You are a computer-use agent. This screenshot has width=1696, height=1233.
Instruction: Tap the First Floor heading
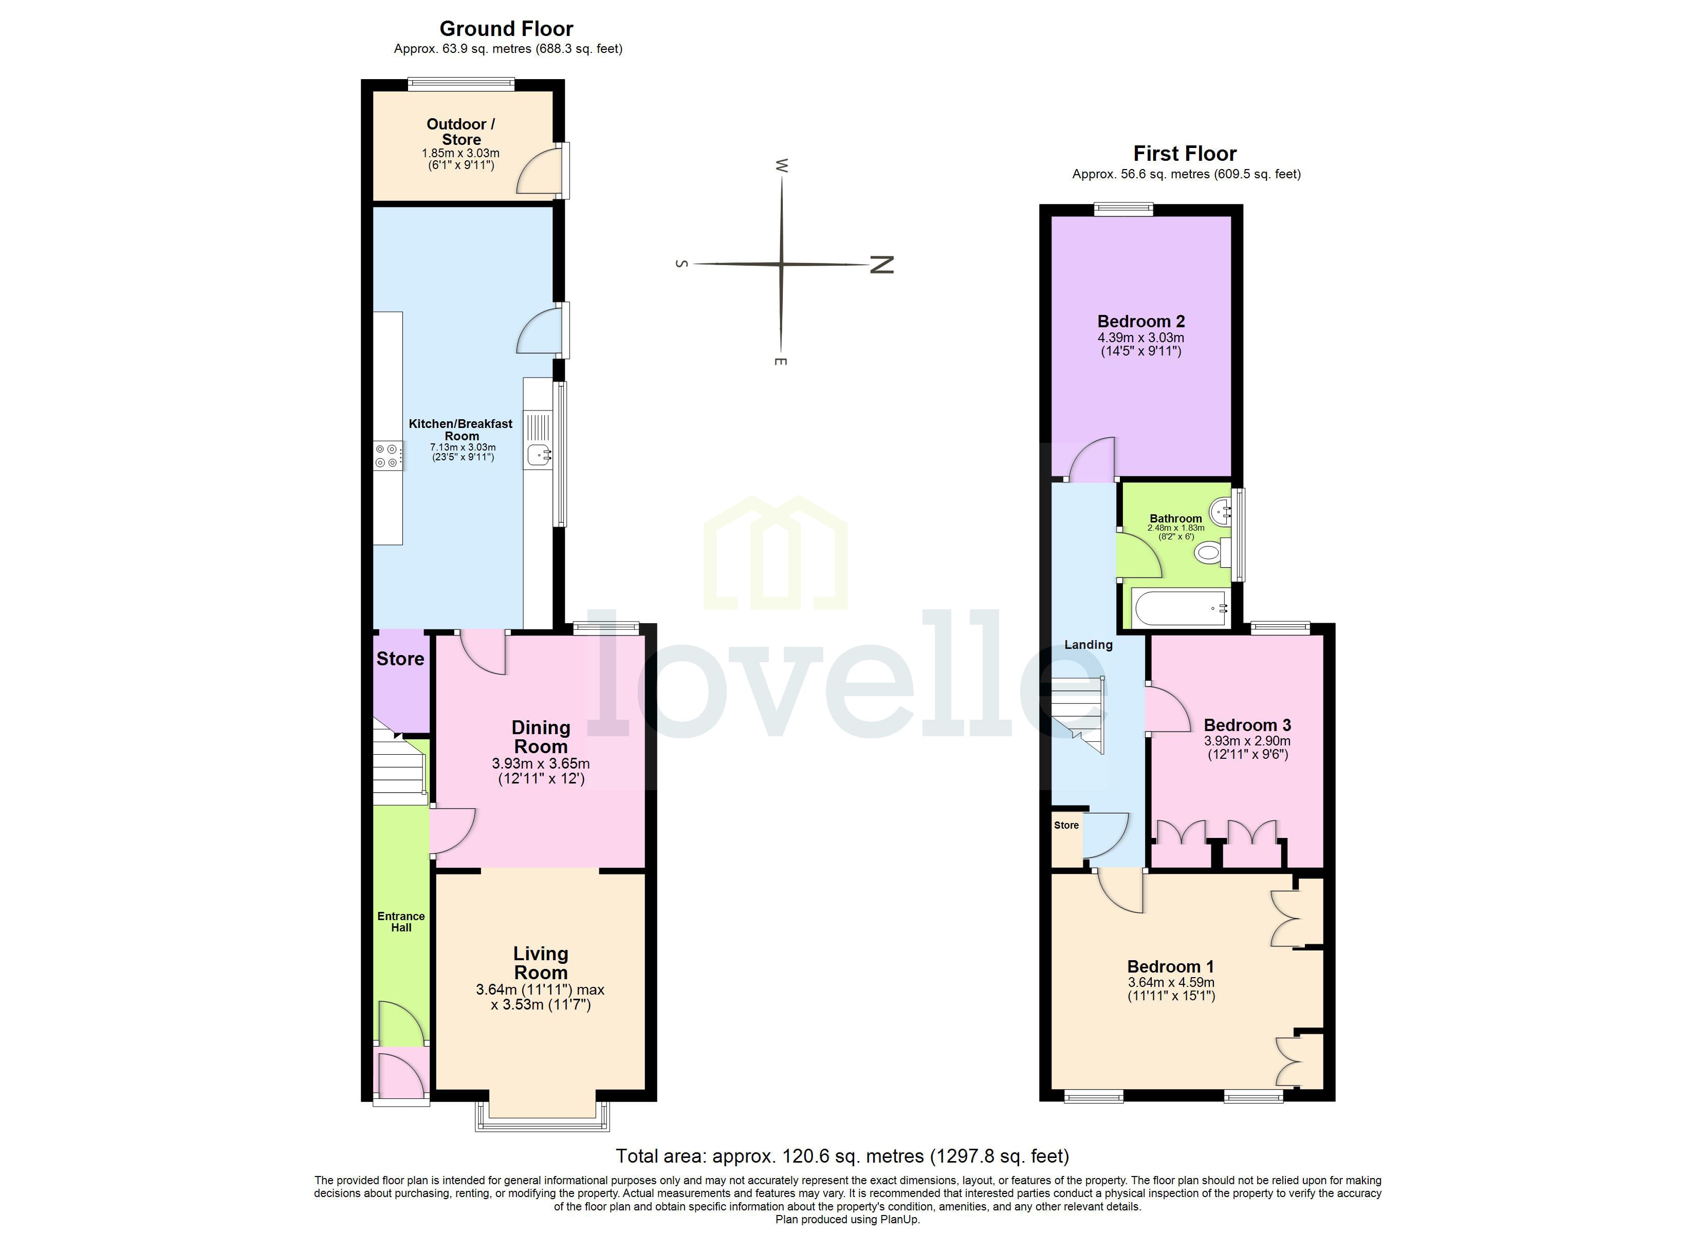[1185, 154]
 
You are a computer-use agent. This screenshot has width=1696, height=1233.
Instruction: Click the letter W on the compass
[782, 165]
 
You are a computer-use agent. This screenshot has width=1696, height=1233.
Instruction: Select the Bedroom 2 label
[1140, 322]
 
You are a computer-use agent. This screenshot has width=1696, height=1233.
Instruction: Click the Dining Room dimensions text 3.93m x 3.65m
[541, 764]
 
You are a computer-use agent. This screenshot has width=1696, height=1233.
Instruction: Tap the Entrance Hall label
[401, 921]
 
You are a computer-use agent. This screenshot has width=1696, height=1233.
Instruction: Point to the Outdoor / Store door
[538, 172]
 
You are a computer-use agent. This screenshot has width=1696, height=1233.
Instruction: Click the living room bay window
[542, 1120]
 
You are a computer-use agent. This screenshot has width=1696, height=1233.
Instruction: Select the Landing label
[1088, 645]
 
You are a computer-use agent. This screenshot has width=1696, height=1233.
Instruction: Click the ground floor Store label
[400, 659]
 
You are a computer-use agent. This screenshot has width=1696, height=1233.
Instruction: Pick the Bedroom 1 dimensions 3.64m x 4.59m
[1171, 982]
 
